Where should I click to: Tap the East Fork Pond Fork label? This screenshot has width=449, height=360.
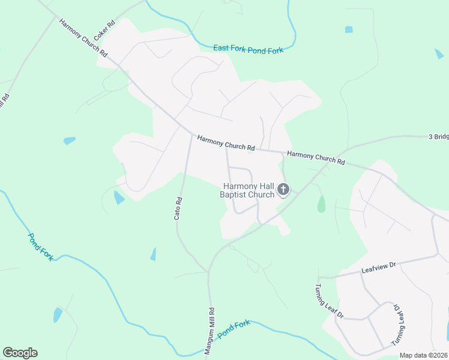pyautogui.click(x=249, y=50)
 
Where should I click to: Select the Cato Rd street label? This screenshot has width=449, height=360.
pyautogui.click(x=178, y=208)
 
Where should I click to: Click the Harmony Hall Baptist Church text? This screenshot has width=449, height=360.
pyautogui.click(x=248, y=190)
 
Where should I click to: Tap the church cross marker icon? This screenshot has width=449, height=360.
pyautogui.click(x=283, y=191)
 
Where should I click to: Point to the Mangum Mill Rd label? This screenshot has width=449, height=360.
pyautogui.click(x=210, y=332)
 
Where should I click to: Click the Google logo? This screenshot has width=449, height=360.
pyautogui.click(x=20, y=353)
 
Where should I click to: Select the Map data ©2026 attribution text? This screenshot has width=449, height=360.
pyautogui.click(x=424, y=355)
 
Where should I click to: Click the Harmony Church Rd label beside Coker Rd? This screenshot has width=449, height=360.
pyautogui.click(x=83, y=38)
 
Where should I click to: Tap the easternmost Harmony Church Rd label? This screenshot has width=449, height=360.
pyautogui.click(x=316, y=158)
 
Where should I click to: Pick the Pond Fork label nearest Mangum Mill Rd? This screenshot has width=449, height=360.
pyautogui.click(x=233, y=329)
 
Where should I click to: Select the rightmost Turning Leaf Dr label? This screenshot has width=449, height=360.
pyautogui.click(x=400, y=325)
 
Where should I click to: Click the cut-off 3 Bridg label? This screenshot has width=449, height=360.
pyautogui.click(x=438, y=137)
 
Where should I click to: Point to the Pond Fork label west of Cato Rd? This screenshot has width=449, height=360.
pyautogui.click(x=41, y=246)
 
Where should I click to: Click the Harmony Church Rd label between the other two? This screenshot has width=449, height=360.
pyautogui.click(x=226, y=143)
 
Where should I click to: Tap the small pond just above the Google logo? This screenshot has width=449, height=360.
pyautogui.click(x=58, y=315)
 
